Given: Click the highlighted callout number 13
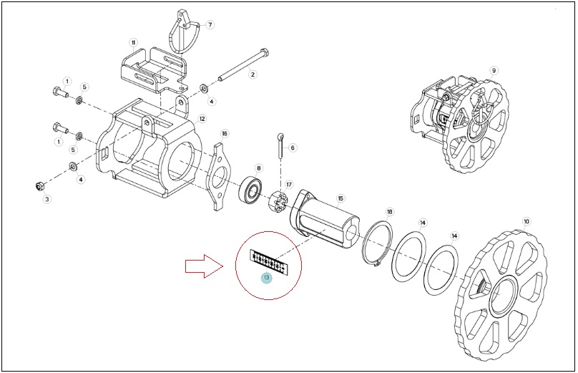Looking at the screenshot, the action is tap(266, 278).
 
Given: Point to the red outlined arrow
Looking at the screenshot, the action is tap(204, 266).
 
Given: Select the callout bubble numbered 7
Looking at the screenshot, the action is tap(210, 25).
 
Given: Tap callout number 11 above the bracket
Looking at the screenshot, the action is tap(133, 42).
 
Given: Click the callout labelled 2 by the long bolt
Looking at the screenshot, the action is tap(253, 74).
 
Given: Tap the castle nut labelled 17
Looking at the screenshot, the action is tap(280, 202).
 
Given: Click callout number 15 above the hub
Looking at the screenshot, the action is tap(341, 198).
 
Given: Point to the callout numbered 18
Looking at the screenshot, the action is tap(390, 212).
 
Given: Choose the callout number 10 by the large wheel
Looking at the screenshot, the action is tap(526, 221).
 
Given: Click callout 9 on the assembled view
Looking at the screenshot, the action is tap(494, 70).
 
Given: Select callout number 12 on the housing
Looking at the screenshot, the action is tap(202, 118).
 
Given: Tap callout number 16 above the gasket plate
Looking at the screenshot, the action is tap(224, 133).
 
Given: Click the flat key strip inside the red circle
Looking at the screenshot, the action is tap(269, 262).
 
